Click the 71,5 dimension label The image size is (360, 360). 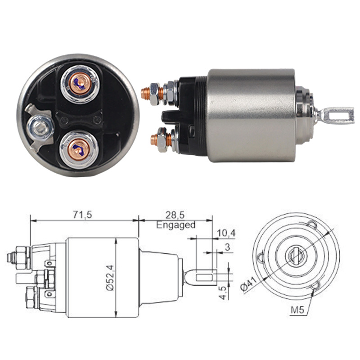[83, 215]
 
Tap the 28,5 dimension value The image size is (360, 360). [175, 215]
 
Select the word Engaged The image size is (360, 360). [176, 225]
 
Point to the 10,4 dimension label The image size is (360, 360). [226, 233]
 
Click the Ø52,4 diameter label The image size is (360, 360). [110, 278]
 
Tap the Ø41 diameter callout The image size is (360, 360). [248, 285]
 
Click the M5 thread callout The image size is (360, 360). [297, 310]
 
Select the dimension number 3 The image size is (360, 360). [227, 247]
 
